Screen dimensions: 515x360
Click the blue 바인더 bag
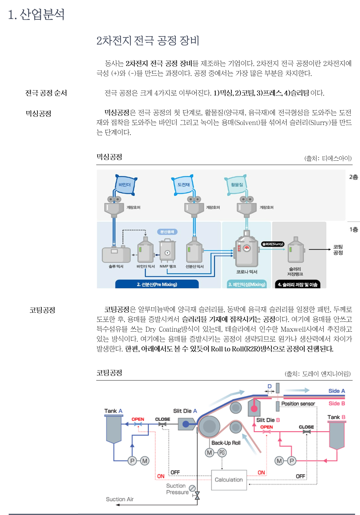(125, 184)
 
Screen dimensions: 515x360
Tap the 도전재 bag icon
(183, 185)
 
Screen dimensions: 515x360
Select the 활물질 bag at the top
(236, 184)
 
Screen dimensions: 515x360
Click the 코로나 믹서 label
(247, 272)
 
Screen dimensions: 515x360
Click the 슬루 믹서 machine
(116, 254)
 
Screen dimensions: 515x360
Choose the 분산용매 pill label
(167, 232)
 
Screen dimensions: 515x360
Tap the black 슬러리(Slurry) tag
(272, 244)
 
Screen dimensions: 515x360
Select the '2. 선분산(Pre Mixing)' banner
(157, 284)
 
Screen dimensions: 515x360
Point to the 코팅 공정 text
(338, 250)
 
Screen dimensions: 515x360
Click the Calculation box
(229, 480)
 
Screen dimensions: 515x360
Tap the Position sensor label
(298, 404)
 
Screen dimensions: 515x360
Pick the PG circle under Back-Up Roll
(222, 453)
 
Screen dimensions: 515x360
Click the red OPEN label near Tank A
(138, 419)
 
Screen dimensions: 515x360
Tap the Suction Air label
(119, 499)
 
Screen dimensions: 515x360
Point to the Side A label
(336, 391)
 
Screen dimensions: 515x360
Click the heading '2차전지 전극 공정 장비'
(148, 41)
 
